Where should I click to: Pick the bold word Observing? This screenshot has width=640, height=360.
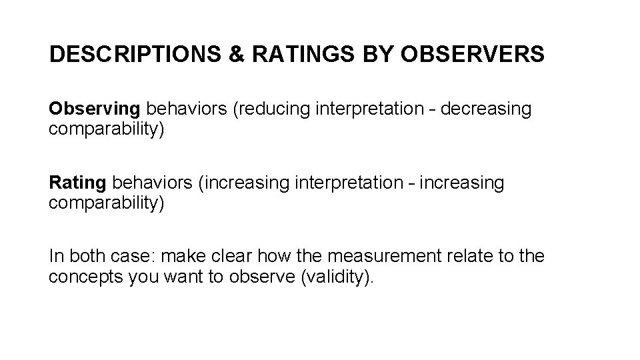[95, 109]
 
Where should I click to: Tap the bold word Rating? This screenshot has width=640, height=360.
[77, 183]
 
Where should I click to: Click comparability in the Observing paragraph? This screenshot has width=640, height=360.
[105, 128]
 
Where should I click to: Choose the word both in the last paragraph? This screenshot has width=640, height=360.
[82, 256]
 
